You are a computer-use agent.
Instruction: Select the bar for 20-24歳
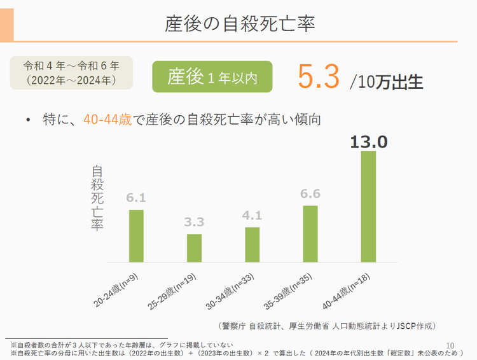coord(136,236)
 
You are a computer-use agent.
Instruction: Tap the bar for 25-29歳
coord(194,248)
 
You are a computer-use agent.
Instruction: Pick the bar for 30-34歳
coord(252,245)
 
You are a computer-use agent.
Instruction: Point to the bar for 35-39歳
coord(310,233)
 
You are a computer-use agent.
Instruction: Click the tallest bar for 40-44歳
coord(368,206)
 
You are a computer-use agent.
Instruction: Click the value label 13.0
coord(368,142)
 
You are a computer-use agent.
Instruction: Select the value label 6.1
coord(136,198)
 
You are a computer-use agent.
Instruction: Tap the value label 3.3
coord(194,223)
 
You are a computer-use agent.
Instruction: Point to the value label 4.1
coord(252,216)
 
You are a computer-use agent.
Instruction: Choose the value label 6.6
coord(310,194)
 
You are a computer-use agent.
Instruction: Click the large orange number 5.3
coord(317,77)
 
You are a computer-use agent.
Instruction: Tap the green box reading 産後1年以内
coord(212,77)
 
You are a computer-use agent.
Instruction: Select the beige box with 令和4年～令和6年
coord(71,72)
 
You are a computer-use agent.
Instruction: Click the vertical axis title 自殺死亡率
coord(97,198)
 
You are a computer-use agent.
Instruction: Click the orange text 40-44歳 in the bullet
coord(107,119)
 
